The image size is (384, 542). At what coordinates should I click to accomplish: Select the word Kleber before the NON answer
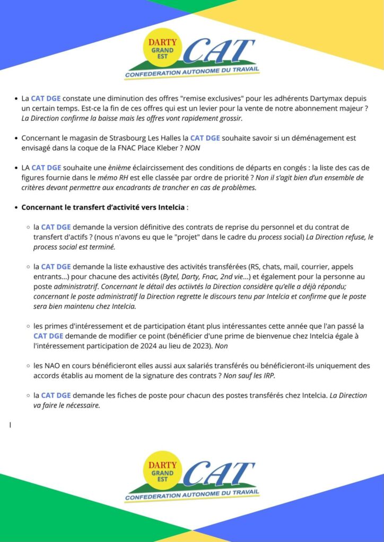[170, 148]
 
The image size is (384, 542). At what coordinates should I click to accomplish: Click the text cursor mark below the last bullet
[10, 424]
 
